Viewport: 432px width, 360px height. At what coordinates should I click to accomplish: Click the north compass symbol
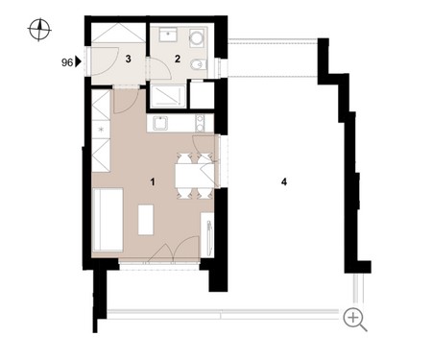tap(39, 30)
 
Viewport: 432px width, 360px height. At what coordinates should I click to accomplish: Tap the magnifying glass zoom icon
tap(354, 320)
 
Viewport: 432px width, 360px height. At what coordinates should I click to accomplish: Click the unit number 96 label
tap(67, 62)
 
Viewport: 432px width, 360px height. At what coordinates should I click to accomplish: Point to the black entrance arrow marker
tap(78, 61)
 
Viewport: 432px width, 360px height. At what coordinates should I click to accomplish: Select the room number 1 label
tap(153, 182)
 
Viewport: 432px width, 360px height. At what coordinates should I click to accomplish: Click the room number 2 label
tap(178, 59)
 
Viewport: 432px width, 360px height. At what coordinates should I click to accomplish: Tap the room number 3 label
tap(128, 59)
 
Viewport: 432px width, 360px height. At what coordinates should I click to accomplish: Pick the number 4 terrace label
tap(284, 182)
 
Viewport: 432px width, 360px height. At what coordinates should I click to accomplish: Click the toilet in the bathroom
tap(199, 65)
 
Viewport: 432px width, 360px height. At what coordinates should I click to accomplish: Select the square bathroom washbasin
tap(168, 35)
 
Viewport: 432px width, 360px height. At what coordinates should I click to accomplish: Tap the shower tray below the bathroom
tap(168, 96)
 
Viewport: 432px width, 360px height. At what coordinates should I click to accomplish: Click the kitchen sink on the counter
tap(160, 124)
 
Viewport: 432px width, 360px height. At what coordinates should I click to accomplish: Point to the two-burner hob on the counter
tap(200, 124)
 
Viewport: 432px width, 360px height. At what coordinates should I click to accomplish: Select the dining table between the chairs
tap(195, 176)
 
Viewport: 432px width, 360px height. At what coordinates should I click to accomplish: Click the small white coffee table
tap(146, 220)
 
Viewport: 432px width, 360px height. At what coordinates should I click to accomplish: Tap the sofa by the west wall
tap(108, 220)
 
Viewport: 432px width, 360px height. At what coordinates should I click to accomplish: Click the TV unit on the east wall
tap(207, 234)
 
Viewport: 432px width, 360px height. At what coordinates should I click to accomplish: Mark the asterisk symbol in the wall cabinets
tap(101, 130)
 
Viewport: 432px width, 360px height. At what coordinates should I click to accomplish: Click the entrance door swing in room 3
tap(105, 61)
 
